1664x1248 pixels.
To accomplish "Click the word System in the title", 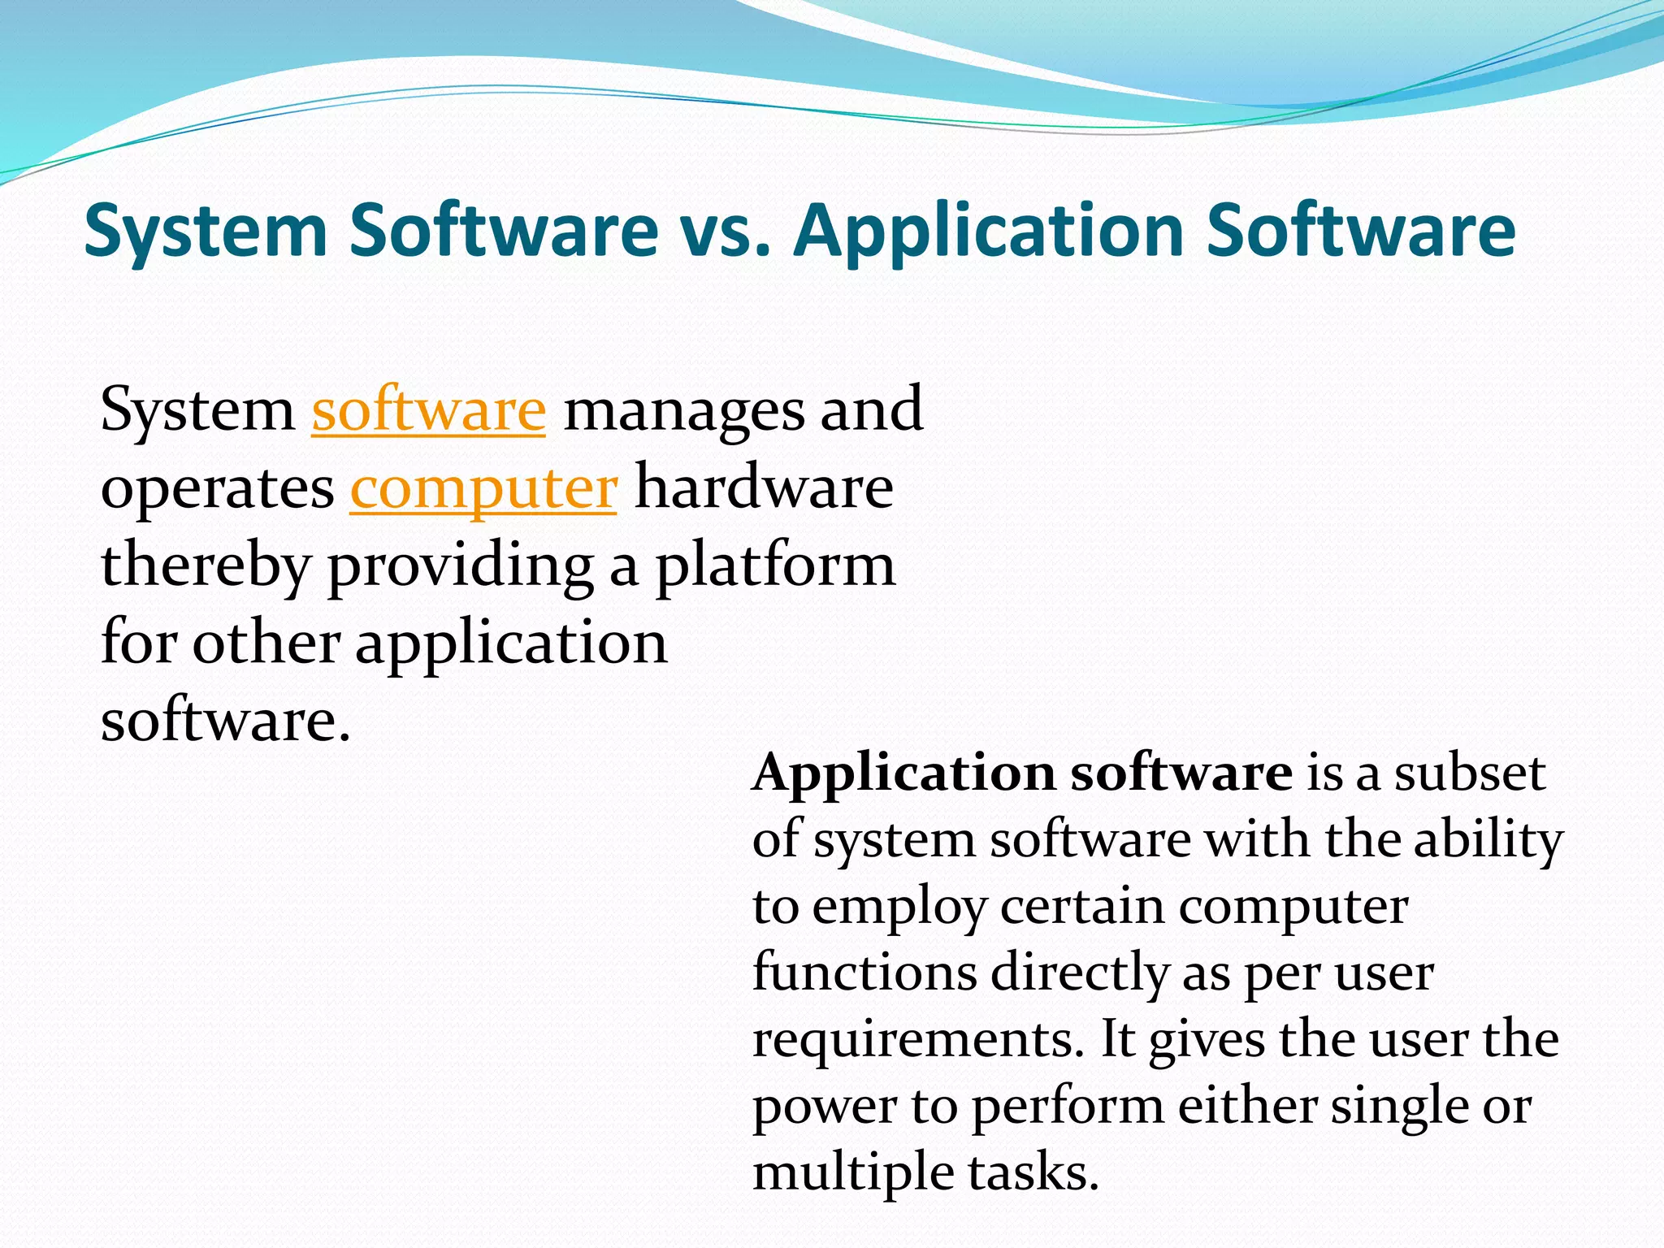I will (205, 232).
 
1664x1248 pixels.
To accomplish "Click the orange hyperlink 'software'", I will (428, 410).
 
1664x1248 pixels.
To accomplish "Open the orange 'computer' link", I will (483, 488).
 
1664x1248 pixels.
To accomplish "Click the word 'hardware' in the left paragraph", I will (764, 488).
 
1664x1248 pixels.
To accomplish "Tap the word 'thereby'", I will (205, 566).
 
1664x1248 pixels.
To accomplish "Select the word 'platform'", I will (775, 566).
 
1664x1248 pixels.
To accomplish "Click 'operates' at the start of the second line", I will (217, 488).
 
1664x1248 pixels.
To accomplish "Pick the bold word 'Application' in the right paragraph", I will (902, 773).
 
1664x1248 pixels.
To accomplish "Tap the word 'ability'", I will (1488, 840).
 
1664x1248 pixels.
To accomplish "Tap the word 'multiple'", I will (852, 1172).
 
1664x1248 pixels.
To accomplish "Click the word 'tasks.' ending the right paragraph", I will (1033, 1172).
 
